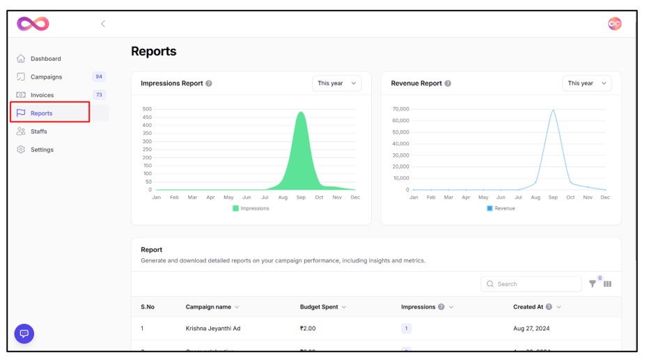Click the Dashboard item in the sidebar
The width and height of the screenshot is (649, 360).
pyautogui.click(x=45, y=59)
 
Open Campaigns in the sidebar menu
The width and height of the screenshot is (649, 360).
pyautogui.click(x=46, y=77)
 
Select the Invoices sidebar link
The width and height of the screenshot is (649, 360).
pyautogui.click(x=42, y=95)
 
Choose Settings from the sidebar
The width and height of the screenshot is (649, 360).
pyautogui.click(x=42, y=150)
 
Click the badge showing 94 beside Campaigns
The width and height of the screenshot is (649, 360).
pyautogui.click(x=99, y=77)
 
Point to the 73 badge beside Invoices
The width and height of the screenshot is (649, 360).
pyautogui.click(x=99, y=95)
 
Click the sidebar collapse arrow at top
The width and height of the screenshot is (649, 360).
pyautogui.click(x=103, y=24)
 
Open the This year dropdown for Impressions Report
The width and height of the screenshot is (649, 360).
pyautogui.click(x=336, y=84)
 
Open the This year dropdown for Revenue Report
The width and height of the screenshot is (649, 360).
pyautogui.click(x=586, y=84)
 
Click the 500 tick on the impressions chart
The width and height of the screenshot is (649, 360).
pyautogui.click(x=147, y=109)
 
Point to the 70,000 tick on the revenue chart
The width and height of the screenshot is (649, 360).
pyautogui.click(x=400, y=109)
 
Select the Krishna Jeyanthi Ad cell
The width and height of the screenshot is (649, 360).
pyautogui.click(x=212, y=329)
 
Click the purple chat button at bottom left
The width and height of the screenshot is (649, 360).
pyautogui.click(x=24, y=334)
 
